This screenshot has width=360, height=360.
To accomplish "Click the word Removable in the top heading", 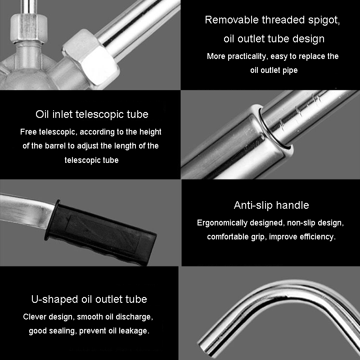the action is point(232,20).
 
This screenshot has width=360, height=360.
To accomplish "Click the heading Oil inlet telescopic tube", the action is point(92,114).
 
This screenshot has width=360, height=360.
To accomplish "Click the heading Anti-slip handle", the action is point(271,205).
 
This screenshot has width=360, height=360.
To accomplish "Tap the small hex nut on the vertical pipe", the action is point(29,29).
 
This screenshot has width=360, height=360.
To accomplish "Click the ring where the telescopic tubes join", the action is point(274,127).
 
